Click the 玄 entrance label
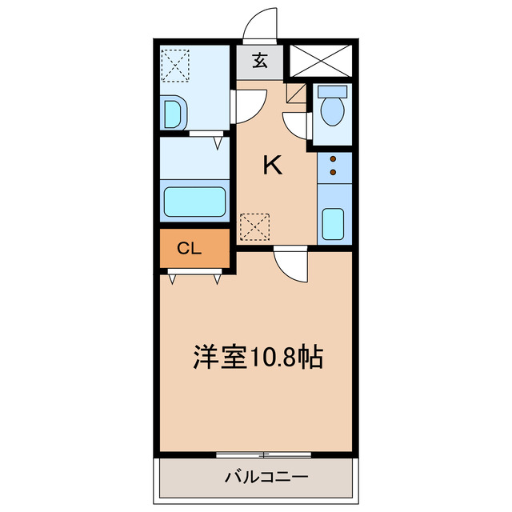pyautogui.click(x=260, y=61)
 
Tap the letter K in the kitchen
pyautogui.click(x=273, y=166)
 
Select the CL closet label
pyautogui.click(x=189, y=249)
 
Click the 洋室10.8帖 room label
pyautogui.click(x=258, y=356)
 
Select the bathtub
pyautogui.click(x=195, y=202)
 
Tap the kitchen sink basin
pyautogui.click(x=332, y=224)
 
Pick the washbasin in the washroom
pyautogui.click(x=173, y=114)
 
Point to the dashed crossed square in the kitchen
pyautogui.click(x=256, y=226)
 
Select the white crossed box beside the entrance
pyautogui.click(x=320, y=60)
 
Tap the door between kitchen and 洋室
pyautogui.click(x=289, y=264)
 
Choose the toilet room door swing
pyautogui.click(x=295, y=126)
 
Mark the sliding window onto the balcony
pyautogui.click(x=263, y=454)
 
